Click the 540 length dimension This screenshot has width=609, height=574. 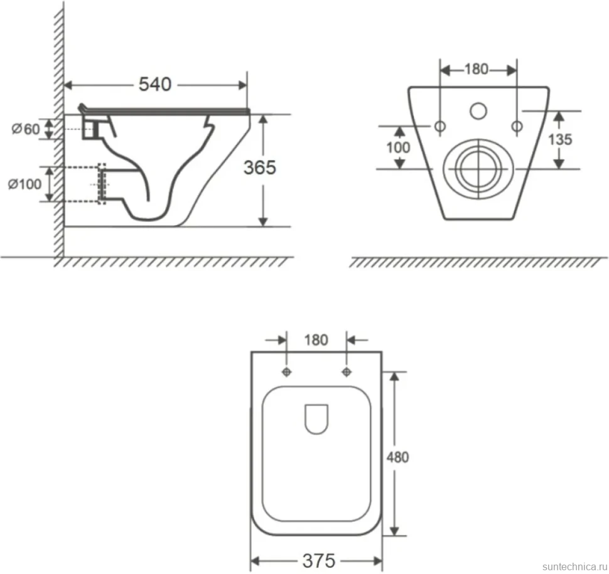(x=155, y=84)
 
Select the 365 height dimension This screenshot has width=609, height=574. (x=260, y=167)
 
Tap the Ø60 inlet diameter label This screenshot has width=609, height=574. (x=26, y=129)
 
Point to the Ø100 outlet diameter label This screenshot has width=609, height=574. (x=24, y=184)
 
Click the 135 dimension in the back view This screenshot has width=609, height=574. (x=559, y=139)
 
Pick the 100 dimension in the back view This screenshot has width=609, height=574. (x=398, y=147)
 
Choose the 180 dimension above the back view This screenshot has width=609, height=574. (x=476, y=69)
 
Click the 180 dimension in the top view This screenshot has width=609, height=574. (x=316, y=340)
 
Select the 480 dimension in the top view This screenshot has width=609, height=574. (x=397, y=457)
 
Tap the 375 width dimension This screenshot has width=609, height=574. (x=318, y=560)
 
